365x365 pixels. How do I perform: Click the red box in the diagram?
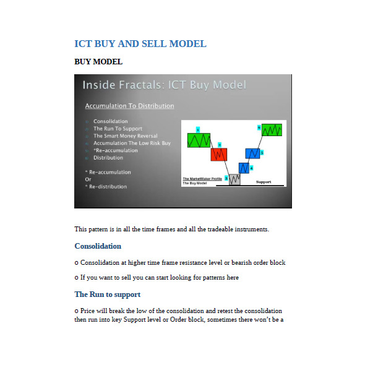[x=218, y=153]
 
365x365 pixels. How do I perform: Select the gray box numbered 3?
[x=234, y=179]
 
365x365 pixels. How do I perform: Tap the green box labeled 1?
[x=199, y=140]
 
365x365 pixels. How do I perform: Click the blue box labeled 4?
[x=244, y=167]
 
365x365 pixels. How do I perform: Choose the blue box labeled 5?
[x=252, y=153]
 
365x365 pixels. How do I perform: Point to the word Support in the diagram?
[x=264, y=182]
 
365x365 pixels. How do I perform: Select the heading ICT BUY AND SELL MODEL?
[x=140, y=44]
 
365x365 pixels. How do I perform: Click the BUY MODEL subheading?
[x=98, y=62]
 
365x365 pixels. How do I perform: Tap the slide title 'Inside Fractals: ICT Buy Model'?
[x=164, y=85]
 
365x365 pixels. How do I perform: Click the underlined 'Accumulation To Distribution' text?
[x=129, y=106]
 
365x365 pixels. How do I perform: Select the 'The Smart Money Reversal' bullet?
[x=125, y=135]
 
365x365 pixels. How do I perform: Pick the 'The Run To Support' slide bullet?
[x=118, y=129]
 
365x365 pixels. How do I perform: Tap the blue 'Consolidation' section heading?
[x=98, y=246]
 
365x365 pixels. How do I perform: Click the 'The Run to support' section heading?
[x=107, y=294]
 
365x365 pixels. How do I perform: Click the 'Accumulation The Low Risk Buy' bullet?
[x=132, y=143]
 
